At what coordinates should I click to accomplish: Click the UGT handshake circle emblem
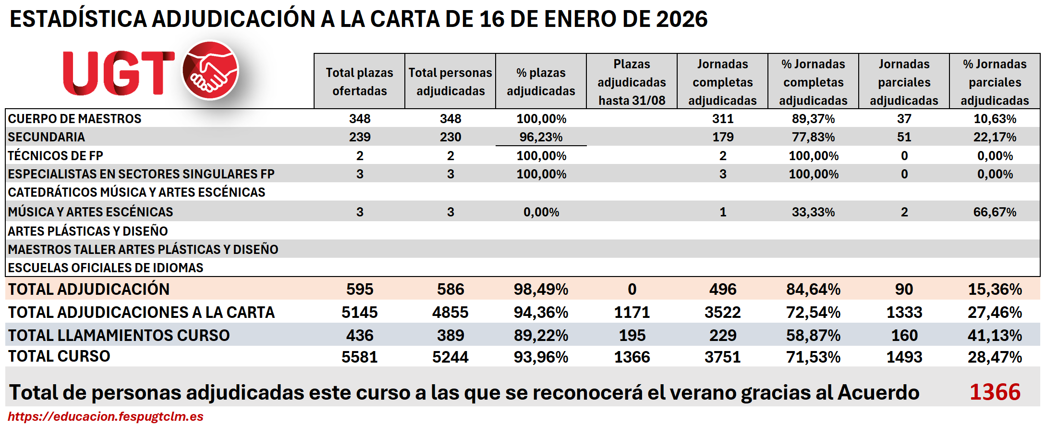click(x=210, y=70)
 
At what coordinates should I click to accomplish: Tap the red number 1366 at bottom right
click(x=995, y=392)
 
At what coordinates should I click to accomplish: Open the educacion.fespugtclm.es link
click(x=106, y=416)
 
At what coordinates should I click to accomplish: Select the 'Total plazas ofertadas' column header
click(x=359, y=81)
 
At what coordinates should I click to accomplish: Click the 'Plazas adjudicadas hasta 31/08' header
click(x=632, y=82)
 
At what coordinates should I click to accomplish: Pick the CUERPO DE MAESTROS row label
click(x=75, y=118)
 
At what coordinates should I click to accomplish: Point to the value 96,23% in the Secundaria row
click(x=541, y=137)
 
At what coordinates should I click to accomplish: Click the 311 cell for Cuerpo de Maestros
click(x=722, y=118)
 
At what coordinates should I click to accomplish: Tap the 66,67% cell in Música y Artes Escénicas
click(x=995, y=212)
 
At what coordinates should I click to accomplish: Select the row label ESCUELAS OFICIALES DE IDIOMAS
click(x=106, y=267)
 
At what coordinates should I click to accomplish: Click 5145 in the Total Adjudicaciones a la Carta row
click(x=359, y=313)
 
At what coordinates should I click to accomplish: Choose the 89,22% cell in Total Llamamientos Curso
click(x=541, y=335)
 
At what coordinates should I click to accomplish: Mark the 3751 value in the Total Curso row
click(x=722, y=357)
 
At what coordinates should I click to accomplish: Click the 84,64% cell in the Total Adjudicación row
click(x=813, y=289)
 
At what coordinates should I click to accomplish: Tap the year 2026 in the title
click(x=681, y=19)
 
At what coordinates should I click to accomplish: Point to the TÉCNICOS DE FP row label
click(x=56, y=156)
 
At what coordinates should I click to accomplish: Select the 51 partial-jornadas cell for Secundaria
click(x=904, y=137)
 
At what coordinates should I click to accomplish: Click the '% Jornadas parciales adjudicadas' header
click(x=995, y=82)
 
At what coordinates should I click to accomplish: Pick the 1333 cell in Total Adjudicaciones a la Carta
click(x=904, y=313)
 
